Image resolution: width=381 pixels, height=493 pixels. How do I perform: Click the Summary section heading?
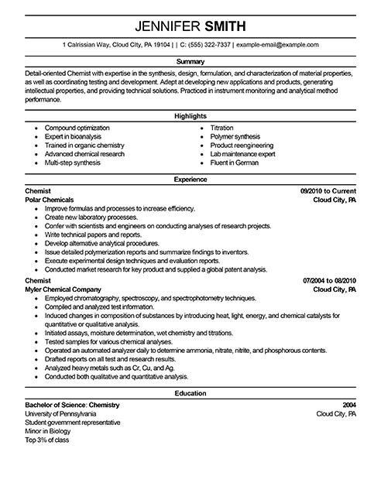tap(190, 60)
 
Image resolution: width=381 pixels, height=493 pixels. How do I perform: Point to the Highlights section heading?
tap(190, 116)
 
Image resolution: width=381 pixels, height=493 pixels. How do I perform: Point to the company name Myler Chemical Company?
tap(70, 289)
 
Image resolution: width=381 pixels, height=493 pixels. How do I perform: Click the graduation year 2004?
tap(349, 403)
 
